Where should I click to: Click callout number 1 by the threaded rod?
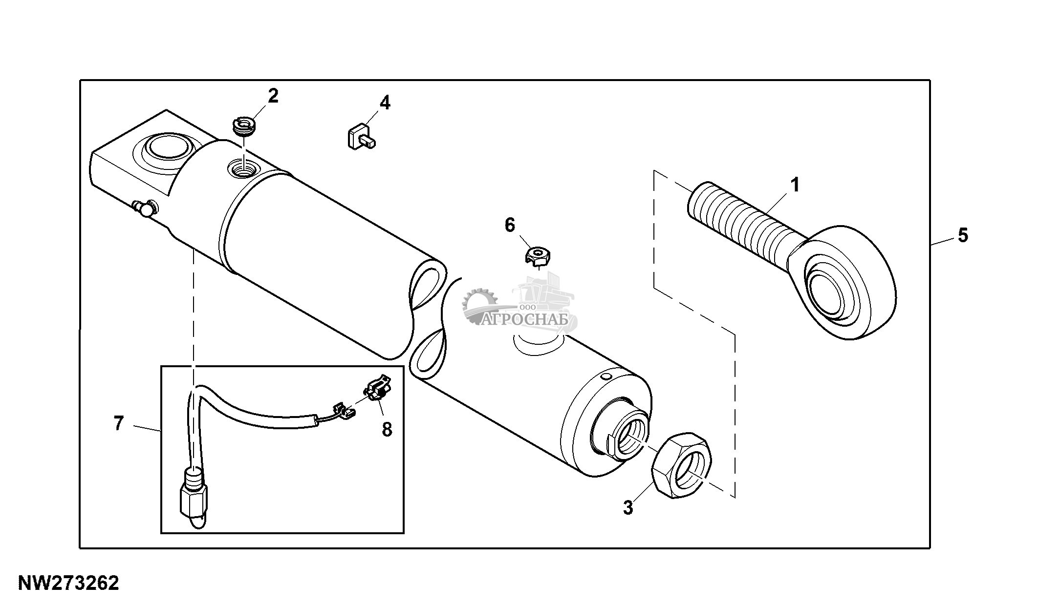[x=795, y=185]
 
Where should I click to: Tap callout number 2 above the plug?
[x=273, y=96]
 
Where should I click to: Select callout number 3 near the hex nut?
[x=628, y=507]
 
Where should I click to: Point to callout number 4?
[x=385, y=103]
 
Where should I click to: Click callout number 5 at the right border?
[x=962, y=235]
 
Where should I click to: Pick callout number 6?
[x=510, y=225]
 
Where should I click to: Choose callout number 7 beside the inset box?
[x=119, y=423]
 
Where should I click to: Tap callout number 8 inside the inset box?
[x=387, y=430]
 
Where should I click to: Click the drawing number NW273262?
[x=68, y=583]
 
